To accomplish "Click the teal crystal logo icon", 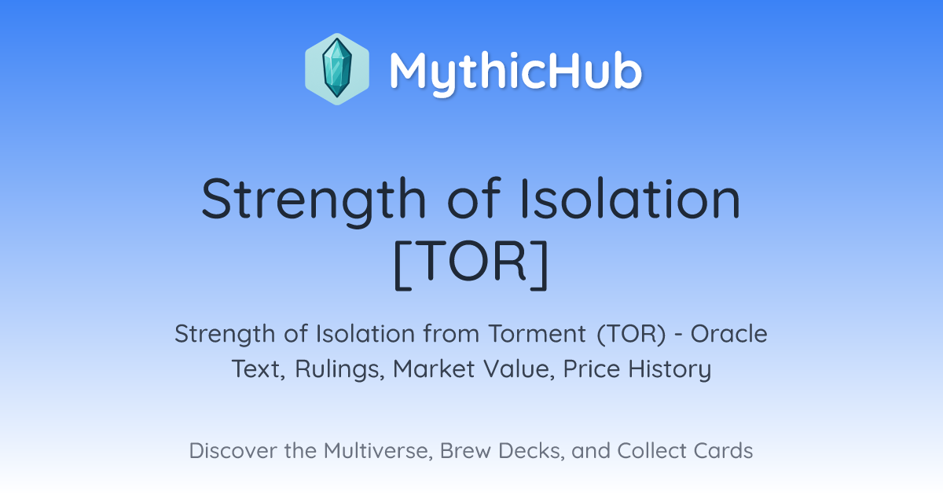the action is click(x=337, y=69).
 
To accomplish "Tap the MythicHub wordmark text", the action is click(x=516, y=71).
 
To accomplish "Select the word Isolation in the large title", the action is click(x=630, y=198).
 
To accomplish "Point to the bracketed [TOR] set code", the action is click(x=471, y=265).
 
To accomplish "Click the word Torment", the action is click(x=538, y=334).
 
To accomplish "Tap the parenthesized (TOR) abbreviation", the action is click(x=631, y=334).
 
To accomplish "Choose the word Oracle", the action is click(x=728, y=334).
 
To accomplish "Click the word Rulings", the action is click(x=339, y=369).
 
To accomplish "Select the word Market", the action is click(x=434, y=368).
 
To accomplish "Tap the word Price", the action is click(x=592, y=368).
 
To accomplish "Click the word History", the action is click(x=670, y=369).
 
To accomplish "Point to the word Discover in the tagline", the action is click(x=233, y=451).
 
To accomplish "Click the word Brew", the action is click(x=465, y=451).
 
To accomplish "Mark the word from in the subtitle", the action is click(x=451, y=334).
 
